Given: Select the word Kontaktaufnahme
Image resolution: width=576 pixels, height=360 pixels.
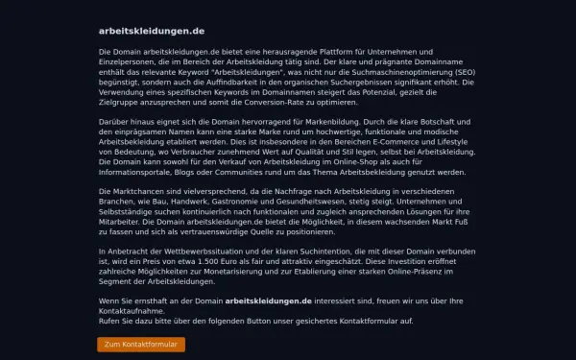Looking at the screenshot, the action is point(132,311).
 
